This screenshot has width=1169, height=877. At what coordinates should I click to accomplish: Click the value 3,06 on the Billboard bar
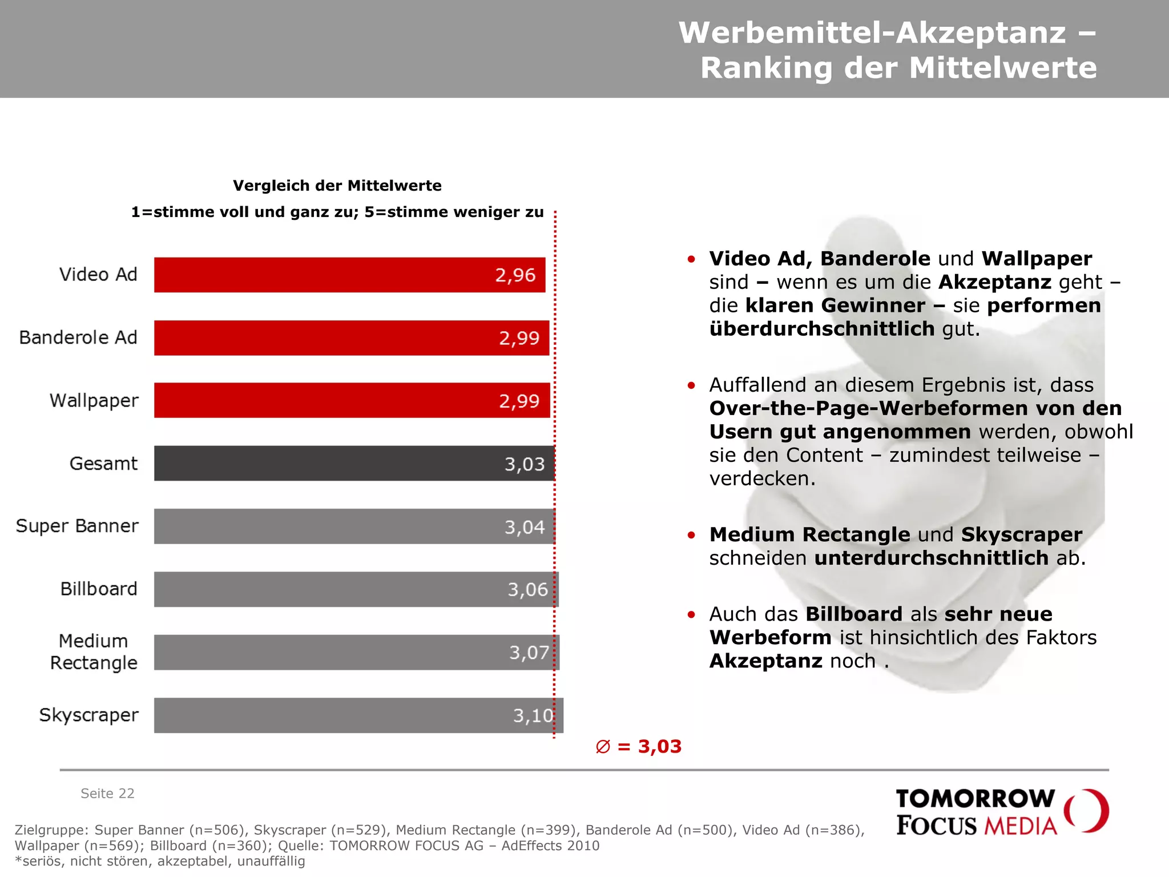point(527,589)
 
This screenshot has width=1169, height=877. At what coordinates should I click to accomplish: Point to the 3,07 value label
point(529,652)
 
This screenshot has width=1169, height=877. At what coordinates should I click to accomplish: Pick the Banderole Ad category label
point(78,337)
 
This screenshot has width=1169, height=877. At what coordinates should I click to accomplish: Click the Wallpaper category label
point(94,400)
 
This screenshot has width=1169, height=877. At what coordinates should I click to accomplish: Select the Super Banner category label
point(77,526)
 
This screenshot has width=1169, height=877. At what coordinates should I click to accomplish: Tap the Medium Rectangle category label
point(94,651)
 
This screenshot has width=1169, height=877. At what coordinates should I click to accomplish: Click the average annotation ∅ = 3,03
point(638,746)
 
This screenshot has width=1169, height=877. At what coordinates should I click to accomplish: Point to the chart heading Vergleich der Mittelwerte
point(337,186)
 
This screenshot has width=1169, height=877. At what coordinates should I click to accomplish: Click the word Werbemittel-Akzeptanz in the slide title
point(872,33)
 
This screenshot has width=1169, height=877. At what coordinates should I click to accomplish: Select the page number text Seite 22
point(107,793)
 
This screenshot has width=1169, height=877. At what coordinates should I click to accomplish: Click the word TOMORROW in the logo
point(975,798)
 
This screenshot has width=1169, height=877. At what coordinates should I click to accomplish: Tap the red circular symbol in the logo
point(1086,811)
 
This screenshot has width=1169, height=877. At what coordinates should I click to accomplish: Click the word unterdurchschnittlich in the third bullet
point(931,558)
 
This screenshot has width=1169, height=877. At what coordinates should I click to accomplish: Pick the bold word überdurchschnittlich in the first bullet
point(821,329)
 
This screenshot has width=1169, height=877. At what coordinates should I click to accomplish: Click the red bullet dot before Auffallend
point(691,385)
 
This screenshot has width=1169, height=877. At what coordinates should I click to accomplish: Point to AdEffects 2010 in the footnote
point(550,846)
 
